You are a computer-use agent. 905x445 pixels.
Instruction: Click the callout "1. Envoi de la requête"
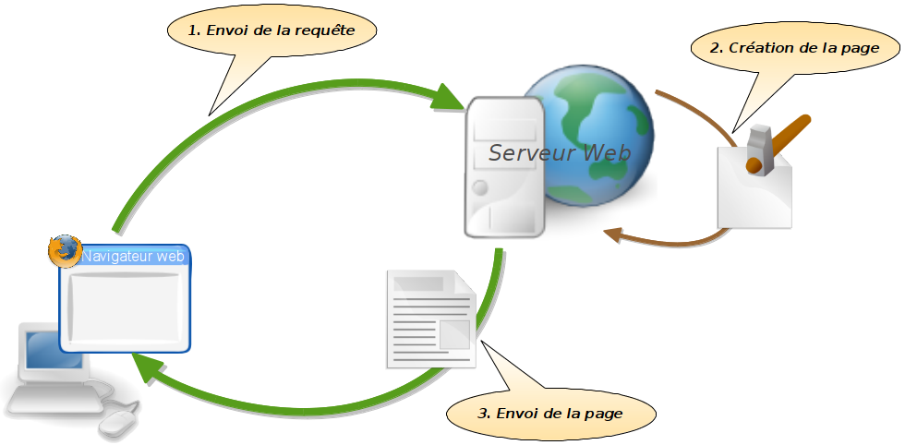point(271,30)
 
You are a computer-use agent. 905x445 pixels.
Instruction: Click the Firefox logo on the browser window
point(64,250)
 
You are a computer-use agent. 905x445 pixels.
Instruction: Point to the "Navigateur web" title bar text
point(132,256)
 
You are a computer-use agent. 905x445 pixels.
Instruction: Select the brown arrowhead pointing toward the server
point(615,237)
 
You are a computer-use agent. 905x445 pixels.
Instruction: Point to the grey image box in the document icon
point(455,334)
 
